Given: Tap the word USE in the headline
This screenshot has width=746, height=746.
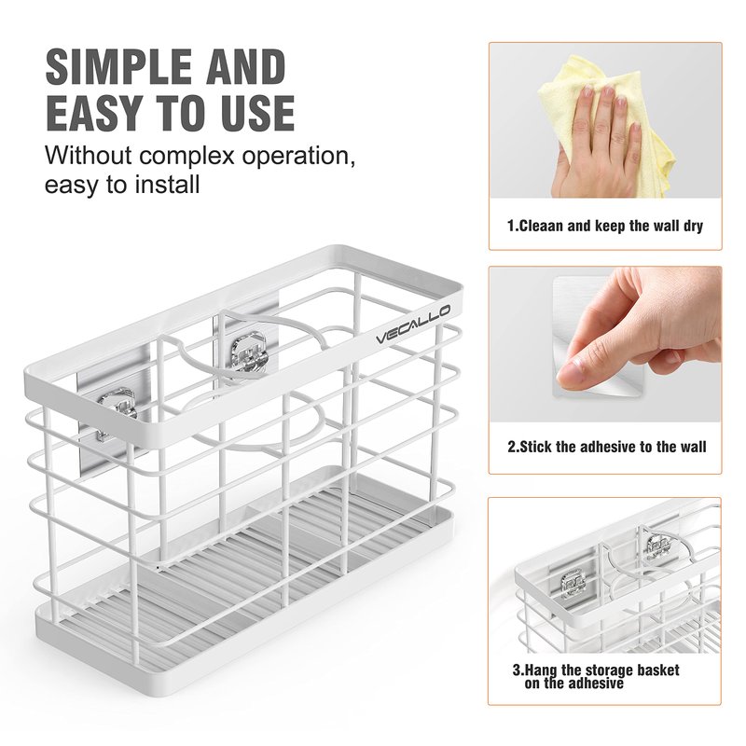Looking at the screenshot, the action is tap(255, 113).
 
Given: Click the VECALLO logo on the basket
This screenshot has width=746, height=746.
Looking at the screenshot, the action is tap(413, 325).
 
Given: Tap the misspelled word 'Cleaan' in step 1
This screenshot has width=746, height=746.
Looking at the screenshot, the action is tap(540, 226).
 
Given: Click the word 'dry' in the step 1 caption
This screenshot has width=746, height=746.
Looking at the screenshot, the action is tap(693, 226).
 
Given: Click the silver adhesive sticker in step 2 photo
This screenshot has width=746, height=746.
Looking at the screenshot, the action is tap(601, 338).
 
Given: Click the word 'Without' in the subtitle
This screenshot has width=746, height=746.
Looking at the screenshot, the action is tap(88, 155).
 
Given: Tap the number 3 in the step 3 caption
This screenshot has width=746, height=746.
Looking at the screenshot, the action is tap(517, 670).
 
